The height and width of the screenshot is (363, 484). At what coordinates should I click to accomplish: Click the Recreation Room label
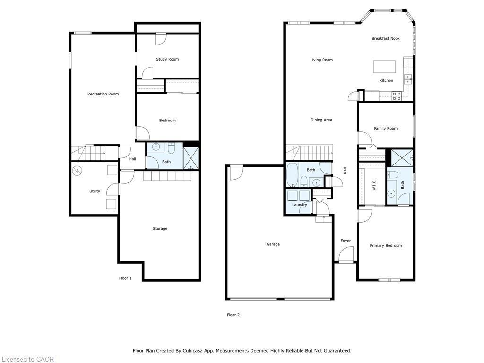point(103,94)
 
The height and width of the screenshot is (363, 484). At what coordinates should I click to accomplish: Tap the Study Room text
point(167,59)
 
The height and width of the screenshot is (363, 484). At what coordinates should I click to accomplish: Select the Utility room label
point(95,191)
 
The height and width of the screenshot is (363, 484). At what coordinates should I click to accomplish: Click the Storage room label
point(160,229)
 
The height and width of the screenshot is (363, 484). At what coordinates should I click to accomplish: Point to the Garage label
point(273,244)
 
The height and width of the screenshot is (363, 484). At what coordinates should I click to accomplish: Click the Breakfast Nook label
point(385,39)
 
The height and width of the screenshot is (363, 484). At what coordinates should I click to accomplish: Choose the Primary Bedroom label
point(386,246)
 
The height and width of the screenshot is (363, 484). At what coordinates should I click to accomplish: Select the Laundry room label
point(299,205)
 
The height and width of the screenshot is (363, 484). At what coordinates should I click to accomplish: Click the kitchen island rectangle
point(384,66)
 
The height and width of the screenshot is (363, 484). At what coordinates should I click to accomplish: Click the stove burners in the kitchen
point(397,96)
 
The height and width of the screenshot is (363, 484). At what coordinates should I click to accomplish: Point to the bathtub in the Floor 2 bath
point(291,174)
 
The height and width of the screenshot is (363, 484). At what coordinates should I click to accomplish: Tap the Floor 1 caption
point(125,278)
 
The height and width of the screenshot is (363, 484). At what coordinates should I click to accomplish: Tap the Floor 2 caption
point(233,315)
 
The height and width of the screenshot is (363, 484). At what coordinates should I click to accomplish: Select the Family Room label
point(386,129)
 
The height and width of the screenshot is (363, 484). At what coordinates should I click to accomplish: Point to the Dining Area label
point(321,120)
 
